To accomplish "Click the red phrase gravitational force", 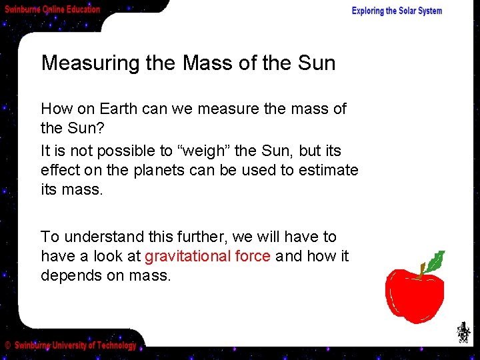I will click(207, 256).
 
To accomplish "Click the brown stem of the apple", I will click(422, 270).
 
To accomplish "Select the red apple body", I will click(414, 295).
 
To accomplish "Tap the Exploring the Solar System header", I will click(397, 11).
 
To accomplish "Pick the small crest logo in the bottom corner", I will click(462, 332).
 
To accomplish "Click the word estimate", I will click(327, 170).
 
